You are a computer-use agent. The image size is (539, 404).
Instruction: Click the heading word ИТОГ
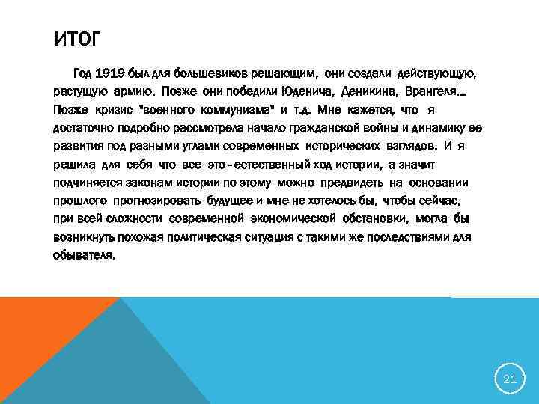[78, 38]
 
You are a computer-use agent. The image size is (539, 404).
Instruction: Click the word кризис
[112, 111]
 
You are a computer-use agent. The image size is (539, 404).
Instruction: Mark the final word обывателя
[84, 254]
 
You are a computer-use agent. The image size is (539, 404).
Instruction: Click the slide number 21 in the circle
[510, 379]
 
